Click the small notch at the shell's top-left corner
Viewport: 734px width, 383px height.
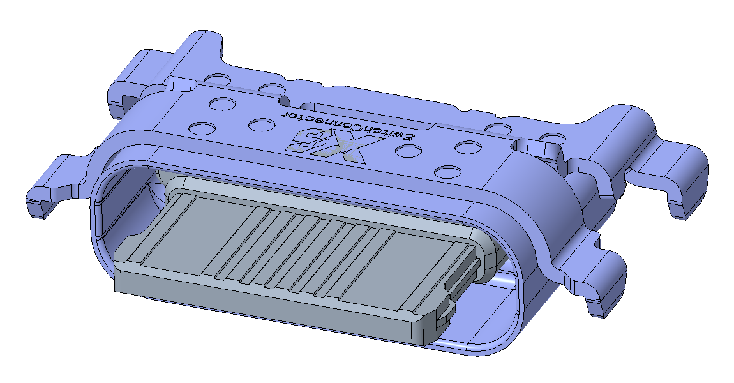click(182, 84)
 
